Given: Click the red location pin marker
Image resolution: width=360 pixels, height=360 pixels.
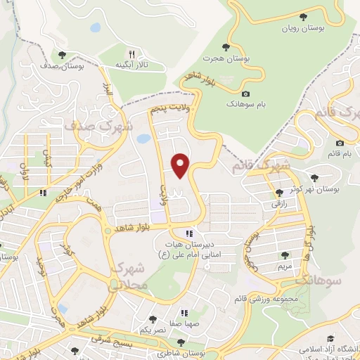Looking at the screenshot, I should [181, 166].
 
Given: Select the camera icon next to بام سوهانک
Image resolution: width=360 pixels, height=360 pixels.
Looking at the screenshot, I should [245, 94].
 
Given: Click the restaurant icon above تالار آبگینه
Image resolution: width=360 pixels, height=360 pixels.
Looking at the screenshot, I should [131, 53].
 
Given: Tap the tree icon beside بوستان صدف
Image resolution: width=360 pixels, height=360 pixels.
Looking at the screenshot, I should [62, 54].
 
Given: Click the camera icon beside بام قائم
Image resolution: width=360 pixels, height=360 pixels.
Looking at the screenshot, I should [330, 153].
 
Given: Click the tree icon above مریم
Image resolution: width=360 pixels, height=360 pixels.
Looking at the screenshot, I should [284, 255].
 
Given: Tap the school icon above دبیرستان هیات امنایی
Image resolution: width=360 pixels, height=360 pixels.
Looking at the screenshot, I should [188, 233].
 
